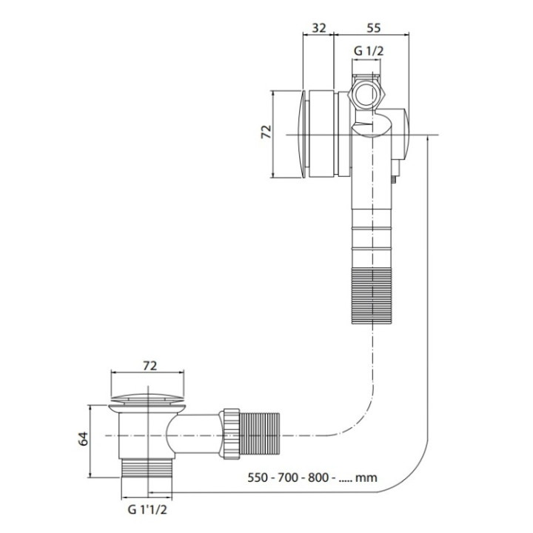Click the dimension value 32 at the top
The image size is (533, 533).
pyautogui.click(x=319, y=28)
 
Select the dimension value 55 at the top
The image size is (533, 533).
pyautogui.click(x=373, y=28)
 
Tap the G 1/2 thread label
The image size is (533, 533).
pyautogui.click(x=369, y=51)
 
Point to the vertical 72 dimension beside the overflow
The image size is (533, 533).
pyautogui.click(x=266, y=132)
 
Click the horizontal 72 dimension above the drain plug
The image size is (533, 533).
pyautogui.click(x=150, y=366)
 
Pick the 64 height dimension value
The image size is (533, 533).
pyautogui.click(x=83, y=438)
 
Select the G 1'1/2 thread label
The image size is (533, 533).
pyautogui.click(x=147, y=509)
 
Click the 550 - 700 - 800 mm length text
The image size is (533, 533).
pyautogui.click(x=312, y=477)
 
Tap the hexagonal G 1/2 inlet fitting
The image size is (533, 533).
pyautogui.click(x=366, y=94)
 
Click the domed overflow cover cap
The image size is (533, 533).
pyautogui.click(x=301, y=134)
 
